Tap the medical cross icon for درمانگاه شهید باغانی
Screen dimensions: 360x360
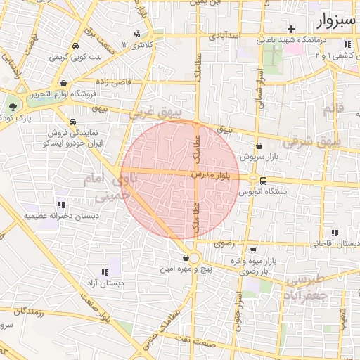click(291, 29)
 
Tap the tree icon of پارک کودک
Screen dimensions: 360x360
click(13, 106)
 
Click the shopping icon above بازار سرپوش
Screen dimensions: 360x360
click(259, 146)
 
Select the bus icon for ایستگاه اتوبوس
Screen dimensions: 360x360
click(263, 179)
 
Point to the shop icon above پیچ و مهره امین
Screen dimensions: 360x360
click(186, 257)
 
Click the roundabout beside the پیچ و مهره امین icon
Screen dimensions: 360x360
click(195, 258)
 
